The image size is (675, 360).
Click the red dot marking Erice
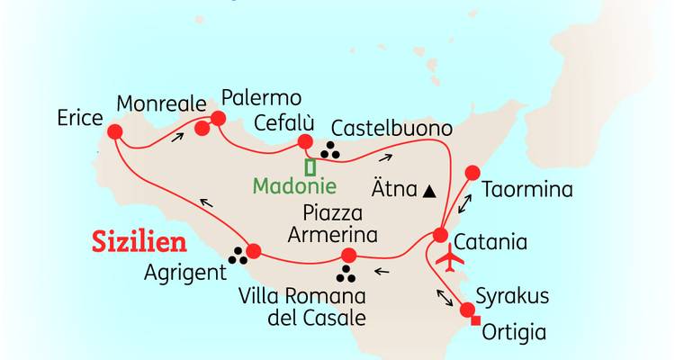click(x=114, y=132)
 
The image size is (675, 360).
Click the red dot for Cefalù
click(x=304, y=141)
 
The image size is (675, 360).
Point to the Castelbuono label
click(x=389, y=126)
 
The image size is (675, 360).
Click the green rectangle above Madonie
click(x=310, y=167)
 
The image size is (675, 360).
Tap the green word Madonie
click(x=294, y=187)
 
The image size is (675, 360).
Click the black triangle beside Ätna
click(x=429, y=191)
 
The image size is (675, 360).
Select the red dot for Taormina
click(x=470, y=173)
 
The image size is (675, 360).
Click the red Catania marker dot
click(x=440, y=235)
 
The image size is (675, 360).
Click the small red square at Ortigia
click(x=476, y=322)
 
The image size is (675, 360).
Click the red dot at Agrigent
click(x=253, y=251)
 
